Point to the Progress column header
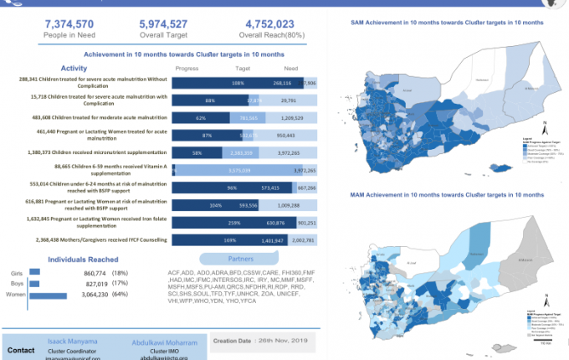coord(187,69)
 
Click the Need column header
coord(291,69)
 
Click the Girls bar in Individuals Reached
coord(34,271)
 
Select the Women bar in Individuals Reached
coord(48,295)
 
